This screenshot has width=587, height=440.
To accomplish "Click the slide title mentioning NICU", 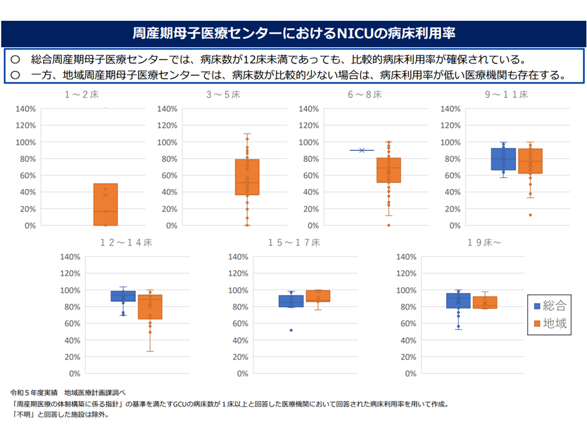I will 293,32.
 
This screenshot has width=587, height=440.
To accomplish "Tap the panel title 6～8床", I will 364,95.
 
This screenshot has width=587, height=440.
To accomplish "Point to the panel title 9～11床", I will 506,95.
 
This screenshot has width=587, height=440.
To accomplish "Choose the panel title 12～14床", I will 127,243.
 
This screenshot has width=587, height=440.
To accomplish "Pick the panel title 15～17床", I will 294,243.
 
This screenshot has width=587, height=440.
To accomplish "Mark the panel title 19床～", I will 484,243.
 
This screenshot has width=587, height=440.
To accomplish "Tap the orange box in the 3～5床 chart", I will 247,177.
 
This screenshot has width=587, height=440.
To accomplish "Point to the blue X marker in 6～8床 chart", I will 362,150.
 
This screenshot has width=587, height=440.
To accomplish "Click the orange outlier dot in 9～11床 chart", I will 530,215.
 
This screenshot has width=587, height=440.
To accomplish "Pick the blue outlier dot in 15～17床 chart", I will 291,330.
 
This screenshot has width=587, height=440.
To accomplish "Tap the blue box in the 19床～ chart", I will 458,301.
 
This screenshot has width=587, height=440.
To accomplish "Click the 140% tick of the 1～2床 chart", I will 26,109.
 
